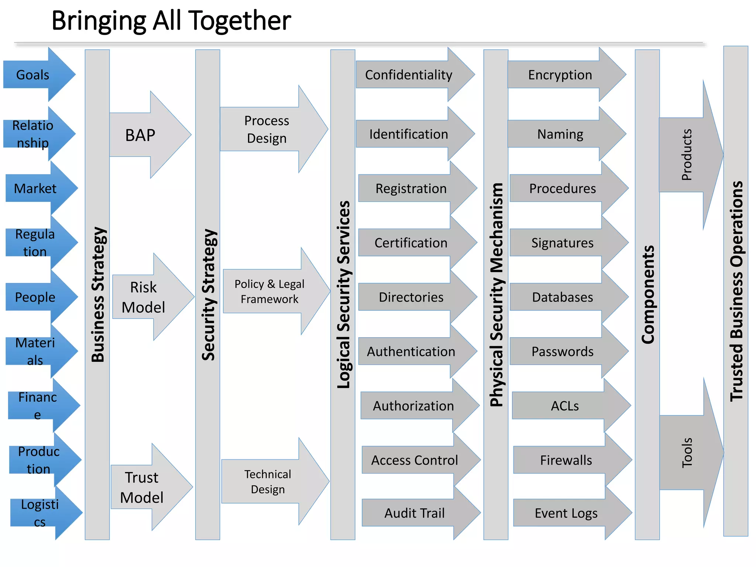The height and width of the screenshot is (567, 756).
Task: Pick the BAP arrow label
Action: coord(140,135)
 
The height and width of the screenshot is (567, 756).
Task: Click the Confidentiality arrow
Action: coord(409,75)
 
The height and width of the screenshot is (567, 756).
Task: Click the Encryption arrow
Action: coord(560,75)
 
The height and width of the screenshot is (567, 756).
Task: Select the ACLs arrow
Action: coord(565,406)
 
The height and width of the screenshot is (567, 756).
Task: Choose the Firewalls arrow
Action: coord(566,460)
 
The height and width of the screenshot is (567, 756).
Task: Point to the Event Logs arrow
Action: coord(566,513)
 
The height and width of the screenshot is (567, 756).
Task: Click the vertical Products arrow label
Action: coord(687,155)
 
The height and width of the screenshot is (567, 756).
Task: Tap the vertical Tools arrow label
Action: coord(687,453)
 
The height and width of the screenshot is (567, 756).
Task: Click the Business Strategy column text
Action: coord(98,294)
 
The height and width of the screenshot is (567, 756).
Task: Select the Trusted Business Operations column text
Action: coord(736,291)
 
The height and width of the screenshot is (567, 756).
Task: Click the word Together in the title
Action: coord(240,21)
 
